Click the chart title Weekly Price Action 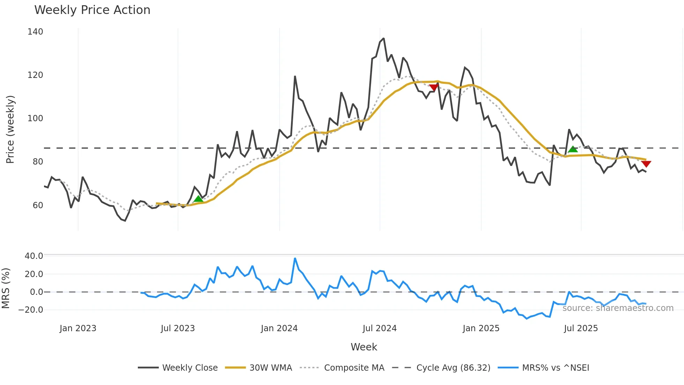point(92,10)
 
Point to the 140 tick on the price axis point(35,32)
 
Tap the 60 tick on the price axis point(38,205)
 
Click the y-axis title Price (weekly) point(10,129)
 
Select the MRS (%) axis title point(6,288)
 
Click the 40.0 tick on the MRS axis point(34,256)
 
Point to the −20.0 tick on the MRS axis point(31,310)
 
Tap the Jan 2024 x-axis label point(279,328)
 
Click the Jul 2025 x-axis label point(581,328)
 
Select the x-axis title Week point(364,347)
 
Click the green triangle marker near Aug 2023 point(198,199)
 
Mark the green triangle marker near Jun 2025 point(573,150)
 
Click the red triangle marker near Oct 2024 point(434,87)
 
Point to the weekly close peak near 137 point(384,38)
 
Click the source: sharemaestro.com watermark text point(618,308)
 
